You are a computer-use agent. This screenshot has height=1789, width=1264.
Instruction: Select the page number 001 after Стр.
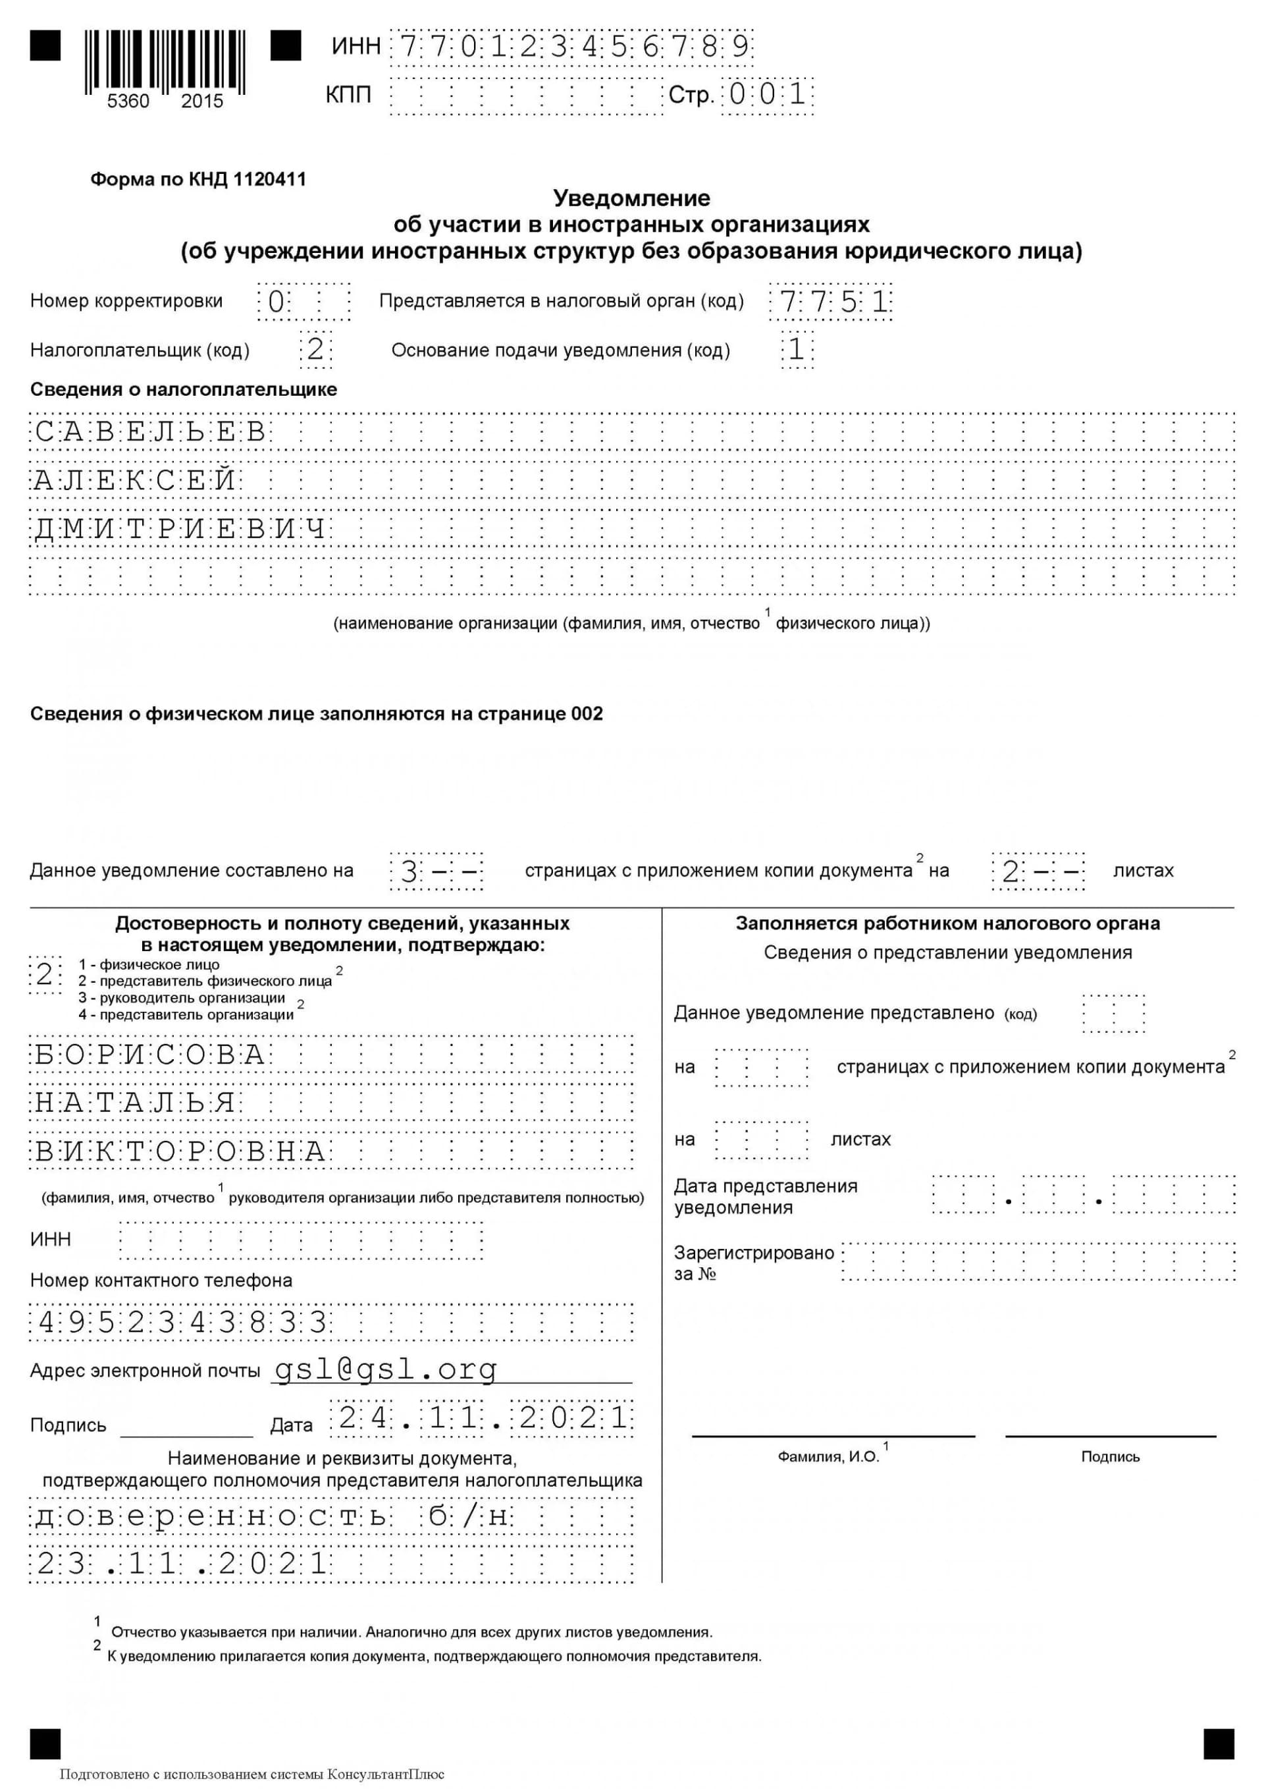767,95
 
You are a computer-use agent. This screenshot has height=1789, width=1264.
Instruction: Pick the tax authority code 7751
830,302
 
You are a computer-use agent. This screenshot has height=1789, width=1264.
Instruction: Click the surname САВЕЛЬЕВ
151,431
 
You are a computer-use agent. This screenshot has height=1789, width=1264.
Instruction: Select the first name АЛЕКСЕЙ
136,480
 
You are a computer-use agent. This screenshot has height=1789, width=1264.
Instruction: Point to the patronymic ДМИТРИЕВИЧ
180,529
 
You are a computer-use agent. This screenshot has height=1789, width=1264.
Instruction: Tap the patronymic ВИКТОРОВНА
180,1151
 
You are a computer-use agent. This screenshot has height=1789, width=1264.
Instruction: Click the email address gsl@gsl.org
386,1369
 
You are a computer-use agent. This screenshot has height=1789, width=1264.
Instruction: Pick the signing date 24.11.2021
482,1417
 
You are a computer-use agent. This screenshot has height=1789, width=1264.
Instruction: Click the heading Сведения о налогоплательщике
184,389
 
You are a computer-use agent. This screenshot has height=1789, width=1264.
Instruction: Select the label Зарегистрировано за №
752,1263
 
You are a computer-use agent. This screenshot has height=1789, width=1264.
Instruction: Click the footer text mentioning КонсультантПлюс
251,1775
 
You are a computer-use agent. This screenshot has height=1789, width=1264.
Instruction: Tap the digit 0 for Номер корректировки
275,302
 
